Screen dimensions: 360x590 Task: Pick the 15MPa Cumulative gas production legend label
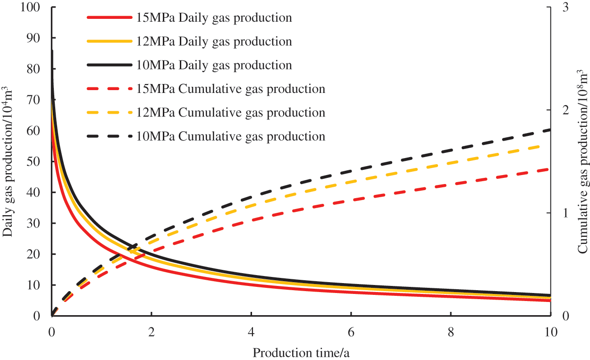(231, 89)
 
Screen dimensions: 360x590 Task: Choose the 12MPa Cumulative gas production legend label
(231, 112)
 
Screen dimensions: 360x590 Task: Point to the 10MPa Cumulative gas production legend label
(231, 136)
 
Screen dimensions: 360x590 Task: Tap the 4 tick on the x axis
(251, 331)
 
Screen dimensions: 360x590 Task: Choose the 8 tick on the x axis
(451, 331)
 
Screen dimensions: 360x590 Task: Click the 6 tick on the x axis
(351, 331)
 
